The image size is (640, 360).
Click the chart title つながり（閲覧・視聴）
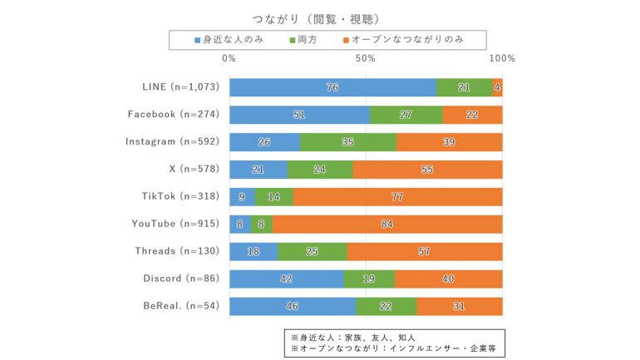click(x=319, y=18)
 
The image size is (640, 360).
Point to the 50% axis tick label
click(x=366, y=59)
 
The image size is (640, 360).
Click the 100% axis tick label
click(x=502, y=59)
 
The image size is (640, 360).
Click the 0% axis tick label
click(x=229, y=59)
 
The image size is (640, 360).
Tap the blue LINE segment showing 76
click(x=332, y=87)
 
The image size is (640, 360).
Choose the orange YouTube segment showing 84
click(x=387, y=224)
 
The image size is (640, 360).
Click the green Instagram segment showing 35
click(x=348, y=142)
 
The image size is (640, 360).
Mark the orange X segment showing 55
click(x=427, y=169)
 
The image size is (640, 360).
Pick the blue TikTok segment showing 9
click(x=242, y=196)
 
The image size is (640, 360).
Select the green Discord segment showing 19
click(x=369, y=279)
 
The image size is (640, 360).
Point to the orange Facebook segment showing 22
click(x=472, y=115)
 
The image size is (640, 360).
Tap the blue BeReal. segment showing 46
click(x=292, y=306)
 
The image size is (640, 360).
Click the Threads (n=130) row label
click(x=177, y=251)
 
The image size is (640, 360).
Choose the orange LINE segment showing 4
click(x=497, y=87)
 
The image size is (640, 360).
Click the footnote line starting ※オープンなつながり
click(x=393, y=348)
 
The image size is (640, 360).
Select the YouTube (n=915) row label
click(x=175, y=224)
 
